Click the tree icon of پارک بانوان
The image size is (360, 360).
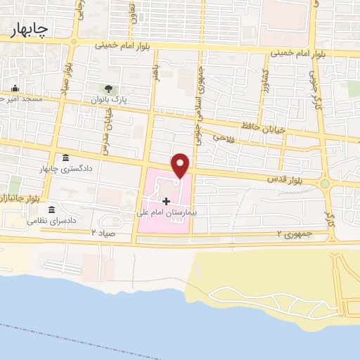click(x=108, y=89)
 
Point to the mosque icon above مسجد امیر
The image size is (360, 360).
click(x=14, y=89)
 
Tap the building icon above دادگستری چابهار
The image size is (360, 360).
click(x=65, y=157)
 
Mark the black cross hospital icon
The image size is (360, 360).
click(x=166, y=201)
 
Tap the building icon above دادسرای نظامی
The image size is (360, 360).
click(x=51, y=209)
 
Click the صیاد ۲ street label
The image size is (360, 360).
click(x=103, y=232)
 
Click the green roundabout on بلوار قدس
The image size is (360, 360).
click(x=325, y=184)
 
